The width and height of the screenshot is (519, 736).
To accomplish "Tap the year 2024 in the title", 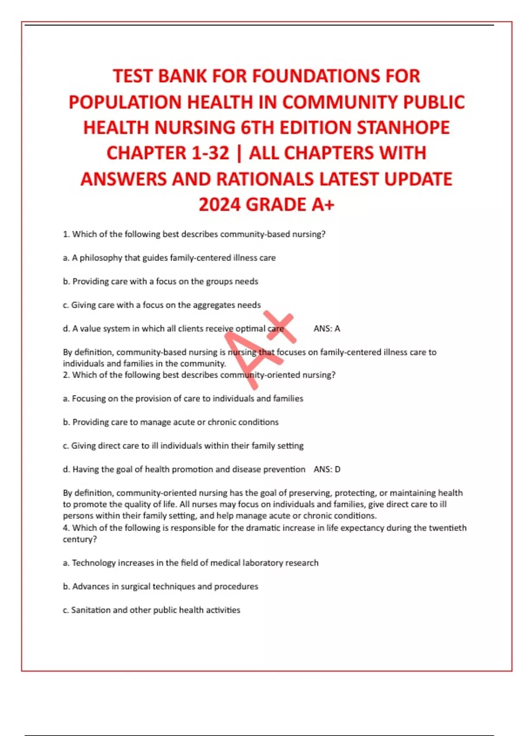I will (220, 205).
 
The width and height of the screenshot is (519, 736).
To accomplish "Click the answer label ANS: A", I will (327, 329).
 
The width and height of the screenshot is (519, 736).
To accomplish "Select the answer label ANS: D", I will (327, 469).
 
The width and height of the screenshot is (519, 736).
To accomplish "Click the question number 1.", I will (66, 234).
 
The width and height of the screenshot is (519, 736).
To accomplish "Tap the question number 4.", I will (66, 528).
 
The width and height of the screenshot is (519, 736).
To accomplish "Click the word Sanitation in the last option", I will (91, 610).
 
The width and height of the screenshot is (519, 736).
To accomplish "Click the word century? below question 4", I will (80, 539).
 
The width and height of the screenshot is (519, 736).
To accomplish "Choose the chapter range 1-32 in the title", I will (209, 153).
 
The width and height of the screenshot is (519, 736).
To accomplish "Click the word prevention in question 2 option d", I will (284, 469).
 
